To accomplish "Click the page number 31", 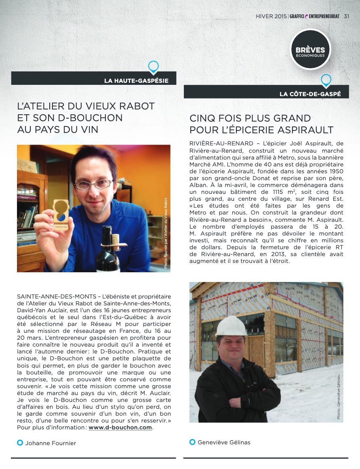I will (x=346, y=17).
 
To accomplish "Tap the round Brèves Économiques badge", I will (x=310, y=50).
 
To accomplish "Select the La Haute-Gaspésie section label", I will (x=136, y=81).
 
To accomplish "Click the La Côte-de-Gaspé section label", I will (x=310, y=94).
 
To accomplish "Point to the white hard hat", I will (x=231, y=326).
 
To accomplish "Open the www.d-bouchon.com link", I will (x=120, y=428).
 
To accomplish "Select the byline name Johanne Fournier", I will (x=51, y=443).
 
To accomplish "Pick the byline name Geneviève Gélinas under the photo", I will (x=224, y=442).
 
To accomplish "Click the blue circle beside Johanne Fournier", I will (x=20, y=443).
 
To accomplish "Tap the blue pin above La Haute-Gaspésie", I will (x=154, y=66).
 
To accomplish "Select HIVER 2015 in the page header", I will (x=271, y=17).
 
